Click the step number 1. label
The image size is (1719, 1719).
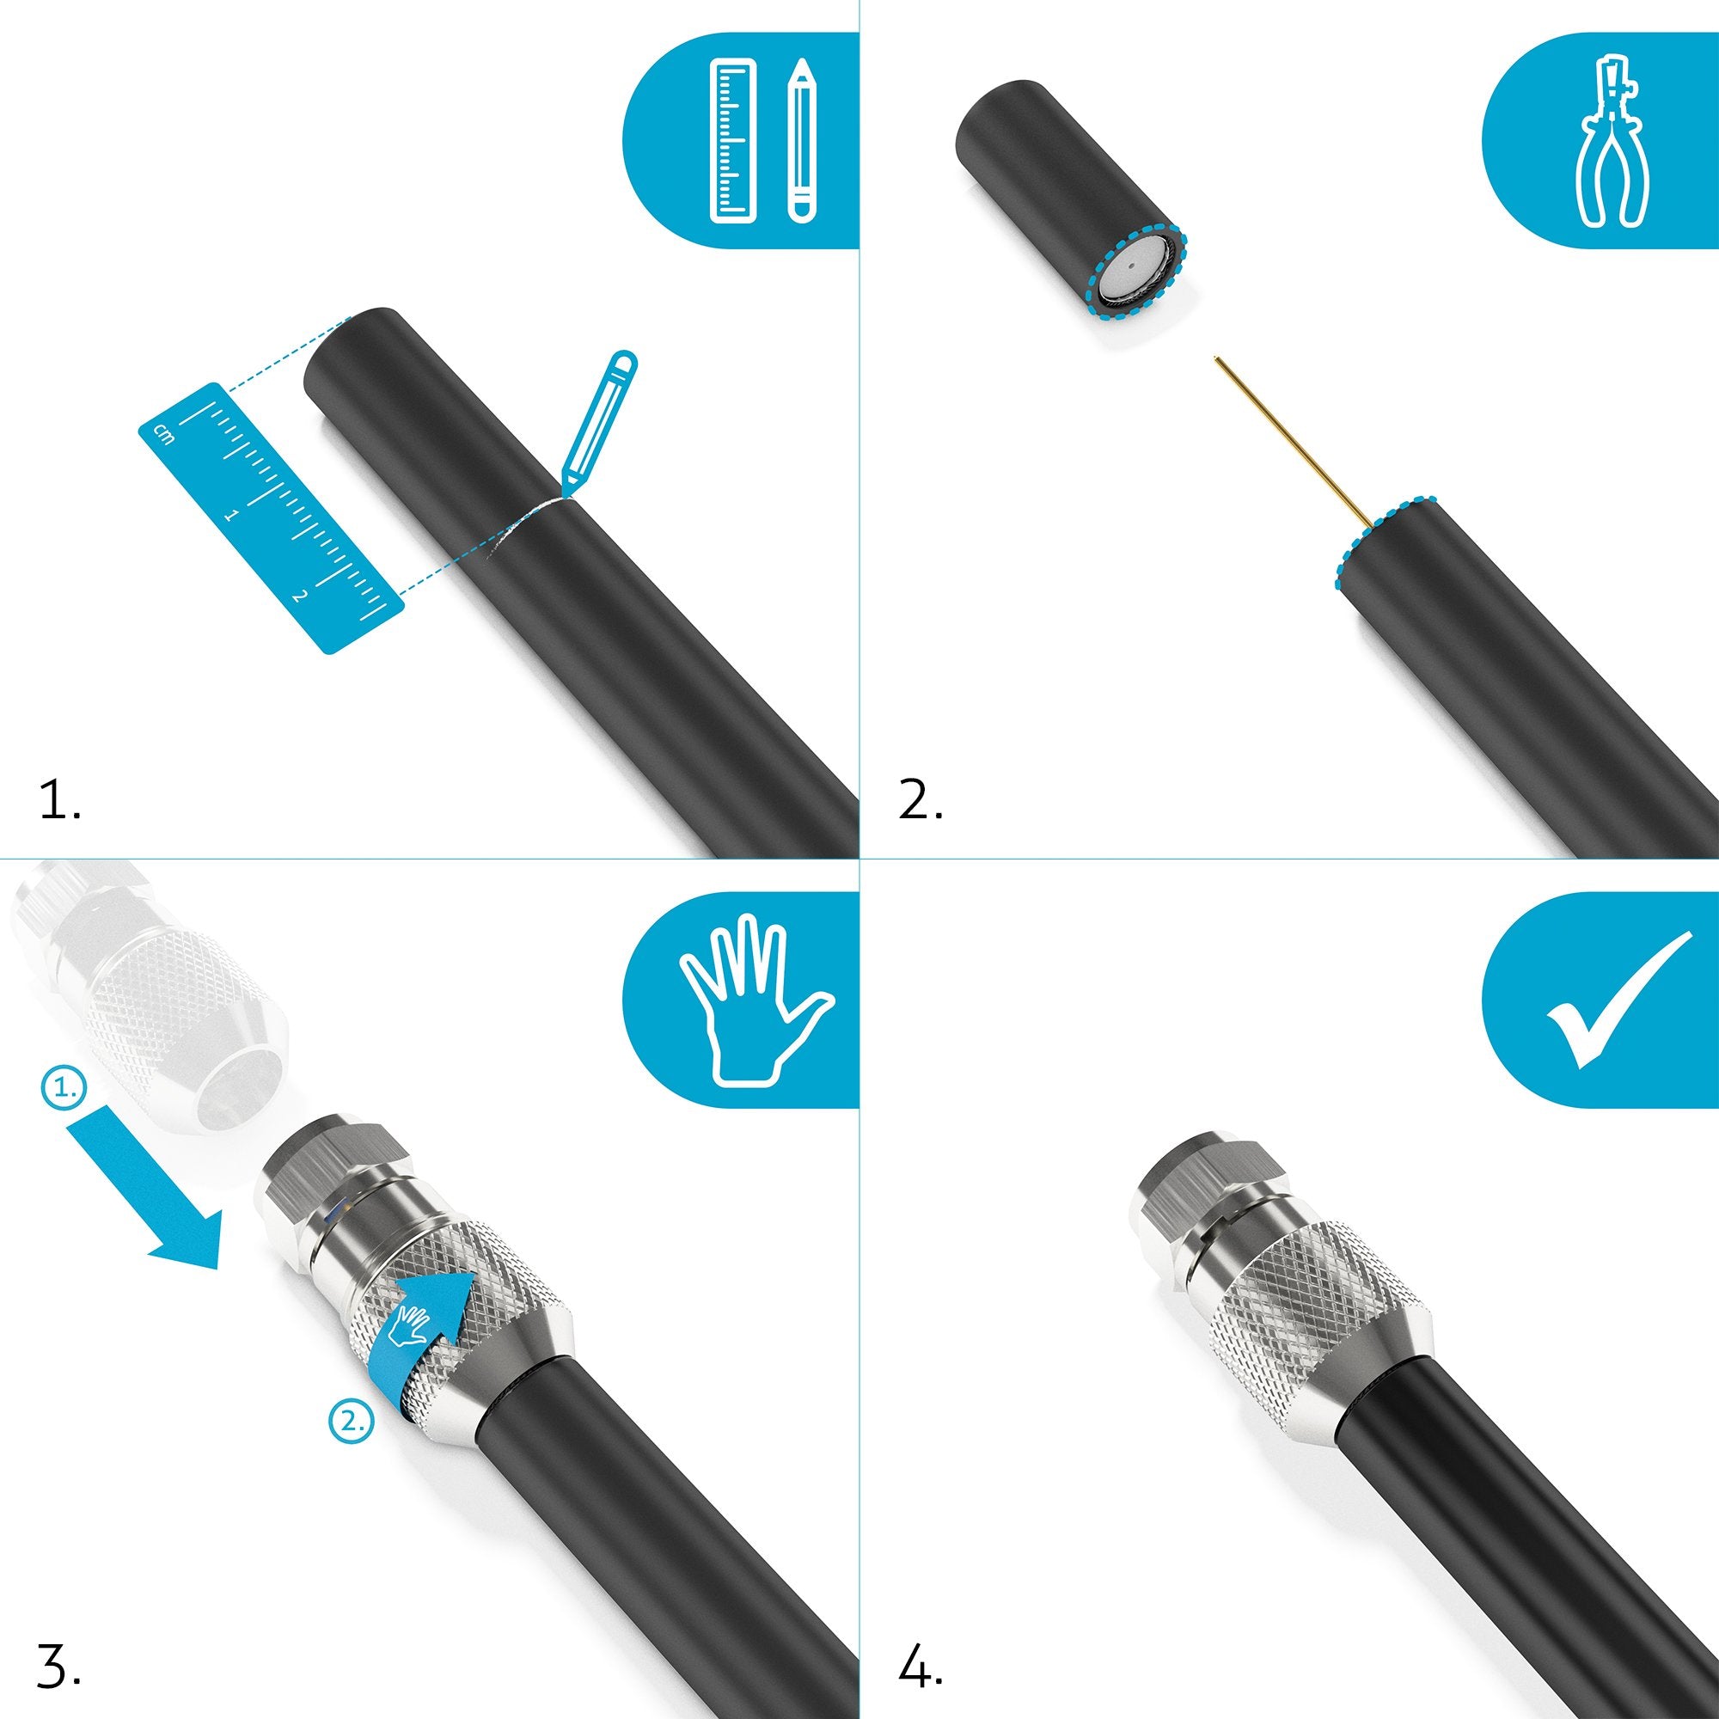coord(59,801)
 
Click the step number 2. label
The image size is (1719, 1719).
coord(921,801)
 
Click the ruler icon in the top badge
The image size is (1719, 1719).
coord(734,140)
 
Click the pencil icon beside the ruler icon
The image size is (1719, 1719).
coord(802,140)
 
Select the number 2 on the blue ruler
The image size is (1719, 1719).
coord(298,596)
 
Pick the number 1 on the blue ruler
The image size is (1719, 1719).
coord(231,514)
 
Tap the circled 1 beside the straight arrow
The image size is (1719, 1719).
coord(64,1087)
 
